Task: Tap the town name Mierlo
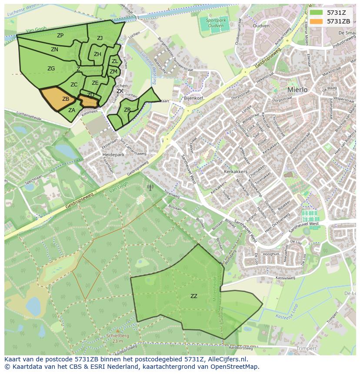point(297,89)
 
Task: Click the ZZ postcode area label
point(194,296)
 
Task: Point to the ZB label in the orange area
point(66,99)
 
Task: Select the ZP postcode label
point(60,36)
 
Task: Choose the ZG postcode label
point(51,69)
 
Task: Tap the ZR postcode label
point(127,110)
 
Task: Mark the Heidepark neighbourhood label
point(113,155)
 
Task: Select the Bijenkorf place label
point(193,99)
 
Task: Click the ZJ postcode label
point(100,38)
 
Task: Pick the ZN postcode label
point(54,50)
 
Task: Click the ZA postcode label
point(72,110)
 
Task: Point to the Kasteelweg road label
point(285,278)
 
